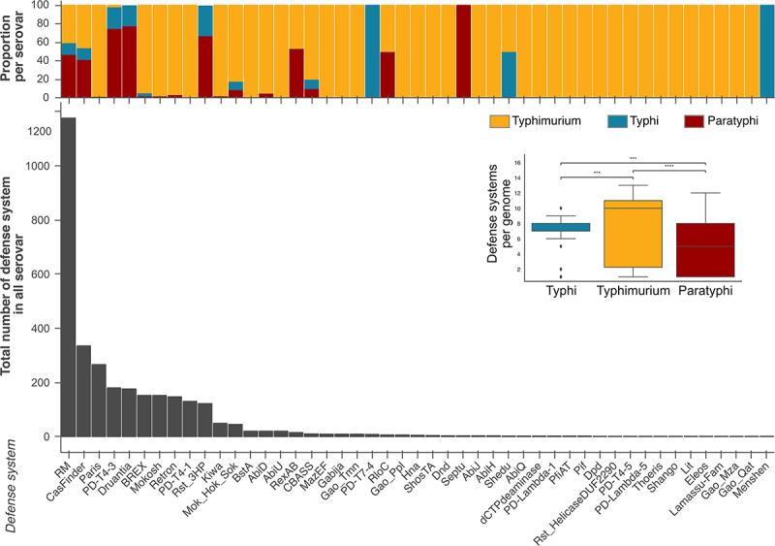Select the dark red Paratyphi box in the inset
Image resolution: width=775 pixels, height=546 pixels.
coord(705,250)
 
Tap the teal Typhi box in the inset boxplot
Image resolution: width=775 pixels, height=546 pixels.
coord(549,227)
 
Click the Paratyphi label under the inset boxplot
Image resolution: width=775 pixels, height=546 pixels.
coord(705,290)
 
